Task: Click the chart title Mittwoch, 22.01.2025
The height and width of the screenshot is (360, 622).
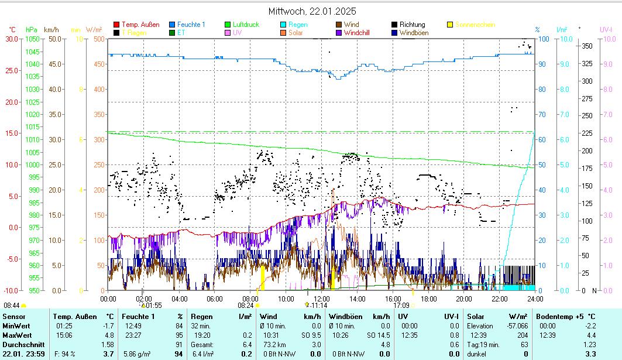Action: coord(312,11)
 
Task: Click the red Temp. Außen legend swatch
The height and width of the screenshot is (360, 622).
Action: coord(116,25)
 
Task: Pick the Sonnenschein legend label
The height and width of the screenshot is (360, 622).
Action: coord(475,25)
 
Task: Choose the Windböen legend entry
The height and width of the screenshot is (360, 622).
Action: coord(414,33)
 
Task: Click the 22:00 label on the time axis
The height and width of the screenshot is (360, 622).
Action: coord(499,299)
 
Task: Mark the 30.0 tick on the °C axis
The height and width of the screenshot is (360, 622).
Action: coord(12,39)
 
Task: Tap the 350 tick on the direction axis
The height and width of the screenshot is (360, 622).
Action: coord(587,46)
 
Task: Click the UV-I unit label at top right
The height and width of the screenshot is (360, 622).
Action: coord(606,29)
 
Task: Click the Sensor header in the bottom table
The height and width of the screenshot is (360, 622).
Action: coord(14,317)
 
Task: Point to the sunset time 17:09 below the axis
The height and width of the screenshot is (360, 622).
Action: coord(401,305)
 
